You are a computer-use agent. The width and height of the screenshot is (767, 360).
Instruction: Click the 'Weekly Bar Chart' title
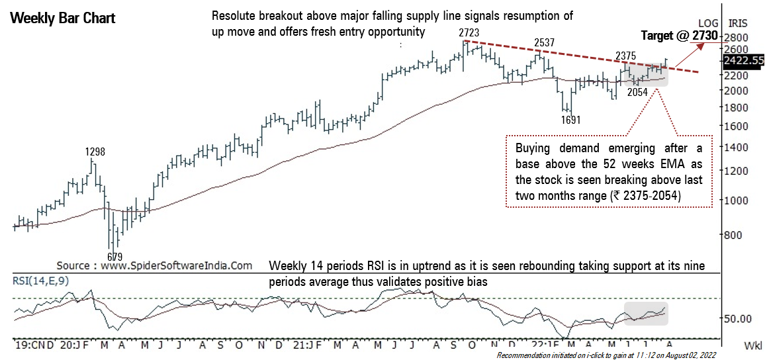(63, 18)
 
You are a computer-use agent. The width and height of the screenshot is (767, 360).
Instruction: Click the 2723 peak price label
(468, 32)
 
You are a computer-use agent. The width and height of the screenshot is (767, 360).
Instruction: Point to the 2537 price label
(544, 43)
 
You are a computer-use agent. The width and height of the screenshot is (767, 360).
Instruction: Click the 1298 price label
(95, 152)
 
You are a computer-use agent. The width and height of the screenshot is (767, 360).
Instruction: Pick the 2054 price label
(637, 93)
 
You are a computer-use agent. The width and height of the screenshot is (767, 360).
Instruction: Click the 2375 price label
(626, 56)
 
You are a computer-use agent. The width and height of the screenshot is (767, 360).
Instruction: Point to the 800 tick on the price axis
(733, 234)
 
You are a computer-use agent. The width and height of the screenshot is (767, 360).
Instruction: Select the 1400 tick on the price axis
(735, 149)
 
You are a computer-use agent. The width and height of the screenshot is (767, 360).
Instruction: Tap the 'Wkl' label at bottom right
(752, 345)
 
